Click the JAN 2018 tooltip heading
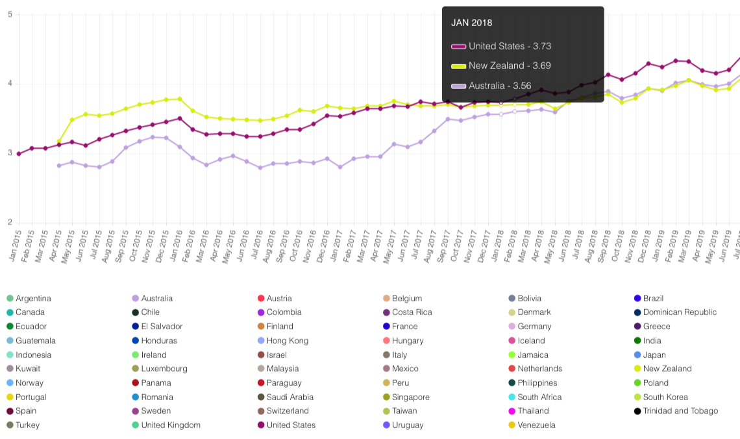471,23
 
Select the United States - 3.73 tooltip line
501,46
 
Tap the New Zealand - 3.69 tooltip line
501,66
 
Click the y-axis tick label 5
10,15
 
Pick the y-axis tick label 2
10,222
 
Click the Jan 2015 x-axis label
15,245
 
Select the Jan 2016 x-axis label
175,245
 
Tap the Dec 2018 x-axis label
644,245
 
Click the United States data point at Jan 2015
19,154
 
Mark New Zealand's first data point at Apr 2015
59,142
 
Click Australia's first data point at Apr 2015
59,166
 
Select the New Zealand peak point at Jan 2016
180,99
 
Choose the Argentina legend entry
29,298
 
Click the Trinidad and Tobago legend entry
676,410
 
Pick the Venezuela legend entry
532,425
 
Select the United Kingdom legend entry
166,425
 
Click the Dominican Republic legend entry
675,312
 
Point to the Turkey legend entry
23,425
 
